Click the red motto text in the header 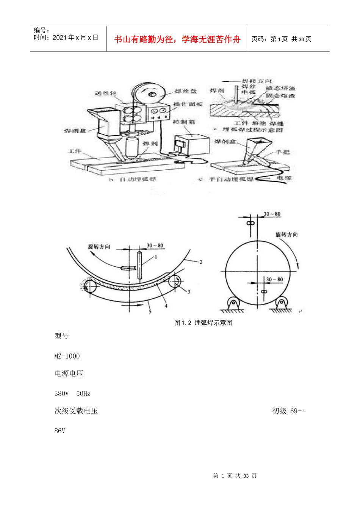pyautogui.click(x=177, y=39)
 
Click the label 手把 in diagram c pyautogui.click(x=282, y=152)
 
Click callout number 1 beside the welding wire pyautogui.click(x=155, y=257)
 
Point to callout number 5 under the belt pyautogui.click(x=150, y=311)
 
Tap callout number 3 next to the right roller pyautogui.click(x=189, y=292)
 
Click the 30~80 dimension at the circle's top pyautogui.click(x=272, y=214)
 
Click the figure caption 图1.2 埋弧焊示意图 pyautogui.click(x=203, y=323)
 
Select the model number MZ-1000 pyautogui.click(x=67, y=356)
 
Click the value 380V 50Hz pyautogui.click(x=72, y=393)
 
